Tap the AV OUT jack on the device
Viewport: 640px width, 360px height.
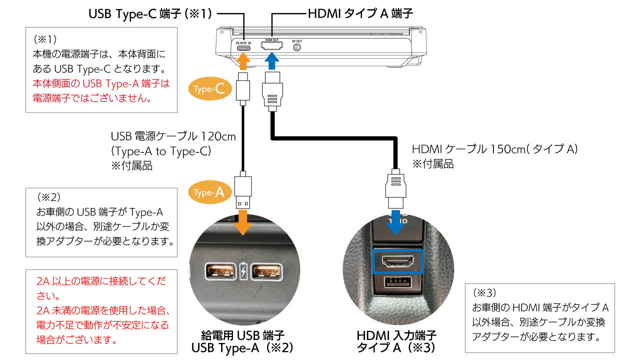click(x=296, y=48)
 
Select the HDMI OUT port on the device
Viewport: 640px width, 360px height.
click(x=272, y=46)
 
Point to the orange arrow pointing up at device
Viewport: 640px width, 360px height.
click(x=243, y=62)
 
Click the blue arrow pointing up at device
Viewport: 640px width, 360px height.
click(x=271, y=62)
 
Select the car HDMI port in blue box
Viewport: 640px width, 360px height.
click(x=398, y=261)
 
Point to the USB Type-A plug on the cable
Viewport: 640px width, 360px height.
click(x=243, y=191)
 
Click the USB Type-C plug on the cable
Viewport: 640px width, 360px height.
click(x=243, y=87)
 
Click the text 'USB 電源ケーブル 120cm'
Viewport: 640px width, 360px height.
click(x=173, y=136)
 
